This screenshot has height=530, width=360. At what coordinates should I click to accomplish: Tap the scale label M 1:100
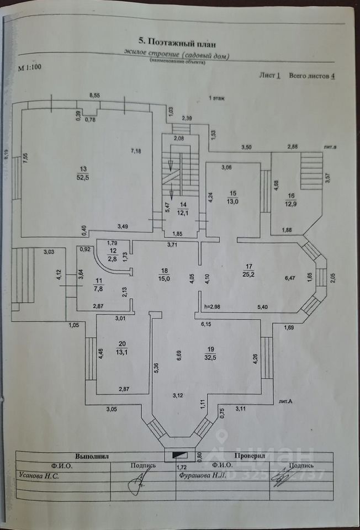[29, 68]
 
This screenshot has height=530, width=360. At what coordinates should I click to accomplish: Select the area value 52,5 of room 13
[84, 177]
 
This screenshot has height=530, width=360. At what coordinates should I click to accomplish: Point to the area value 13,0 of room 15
[233, 202]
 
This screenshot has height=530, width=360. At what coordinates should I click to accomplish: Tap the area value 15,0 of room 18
[163, 278]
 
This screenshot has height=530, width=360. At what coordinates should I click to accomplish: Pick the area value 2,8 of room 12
[112, 258]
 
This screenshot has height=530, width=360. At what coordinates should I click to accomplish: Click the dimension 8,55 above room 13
[95, 96]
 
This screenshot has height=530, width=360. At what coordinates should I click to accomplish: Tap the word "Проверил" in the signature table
[250, 457]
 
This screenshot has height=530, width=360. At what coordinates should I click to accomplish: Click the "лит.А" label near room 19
[285, 401]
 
